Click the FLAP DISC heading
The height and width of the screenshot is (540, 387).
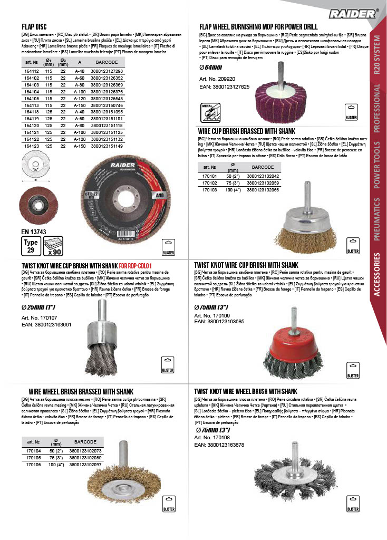[34, 26]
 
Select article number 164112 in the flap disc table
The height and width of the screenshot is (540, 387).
[32, 71]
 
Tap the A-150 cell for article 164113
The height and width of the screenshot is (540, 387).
[80, 105]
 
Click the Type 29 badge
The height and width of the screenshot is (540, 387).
[31, 245]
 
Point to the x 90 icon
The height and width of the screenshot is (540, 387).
[52, 246]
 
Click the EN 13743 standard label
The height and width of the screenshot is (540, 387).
[33, 231]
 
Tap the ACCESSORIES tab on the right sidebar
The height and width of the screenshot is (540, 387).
[377, 283]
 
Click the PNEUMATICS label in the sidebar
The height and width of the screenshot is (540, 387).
[377, 219]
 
